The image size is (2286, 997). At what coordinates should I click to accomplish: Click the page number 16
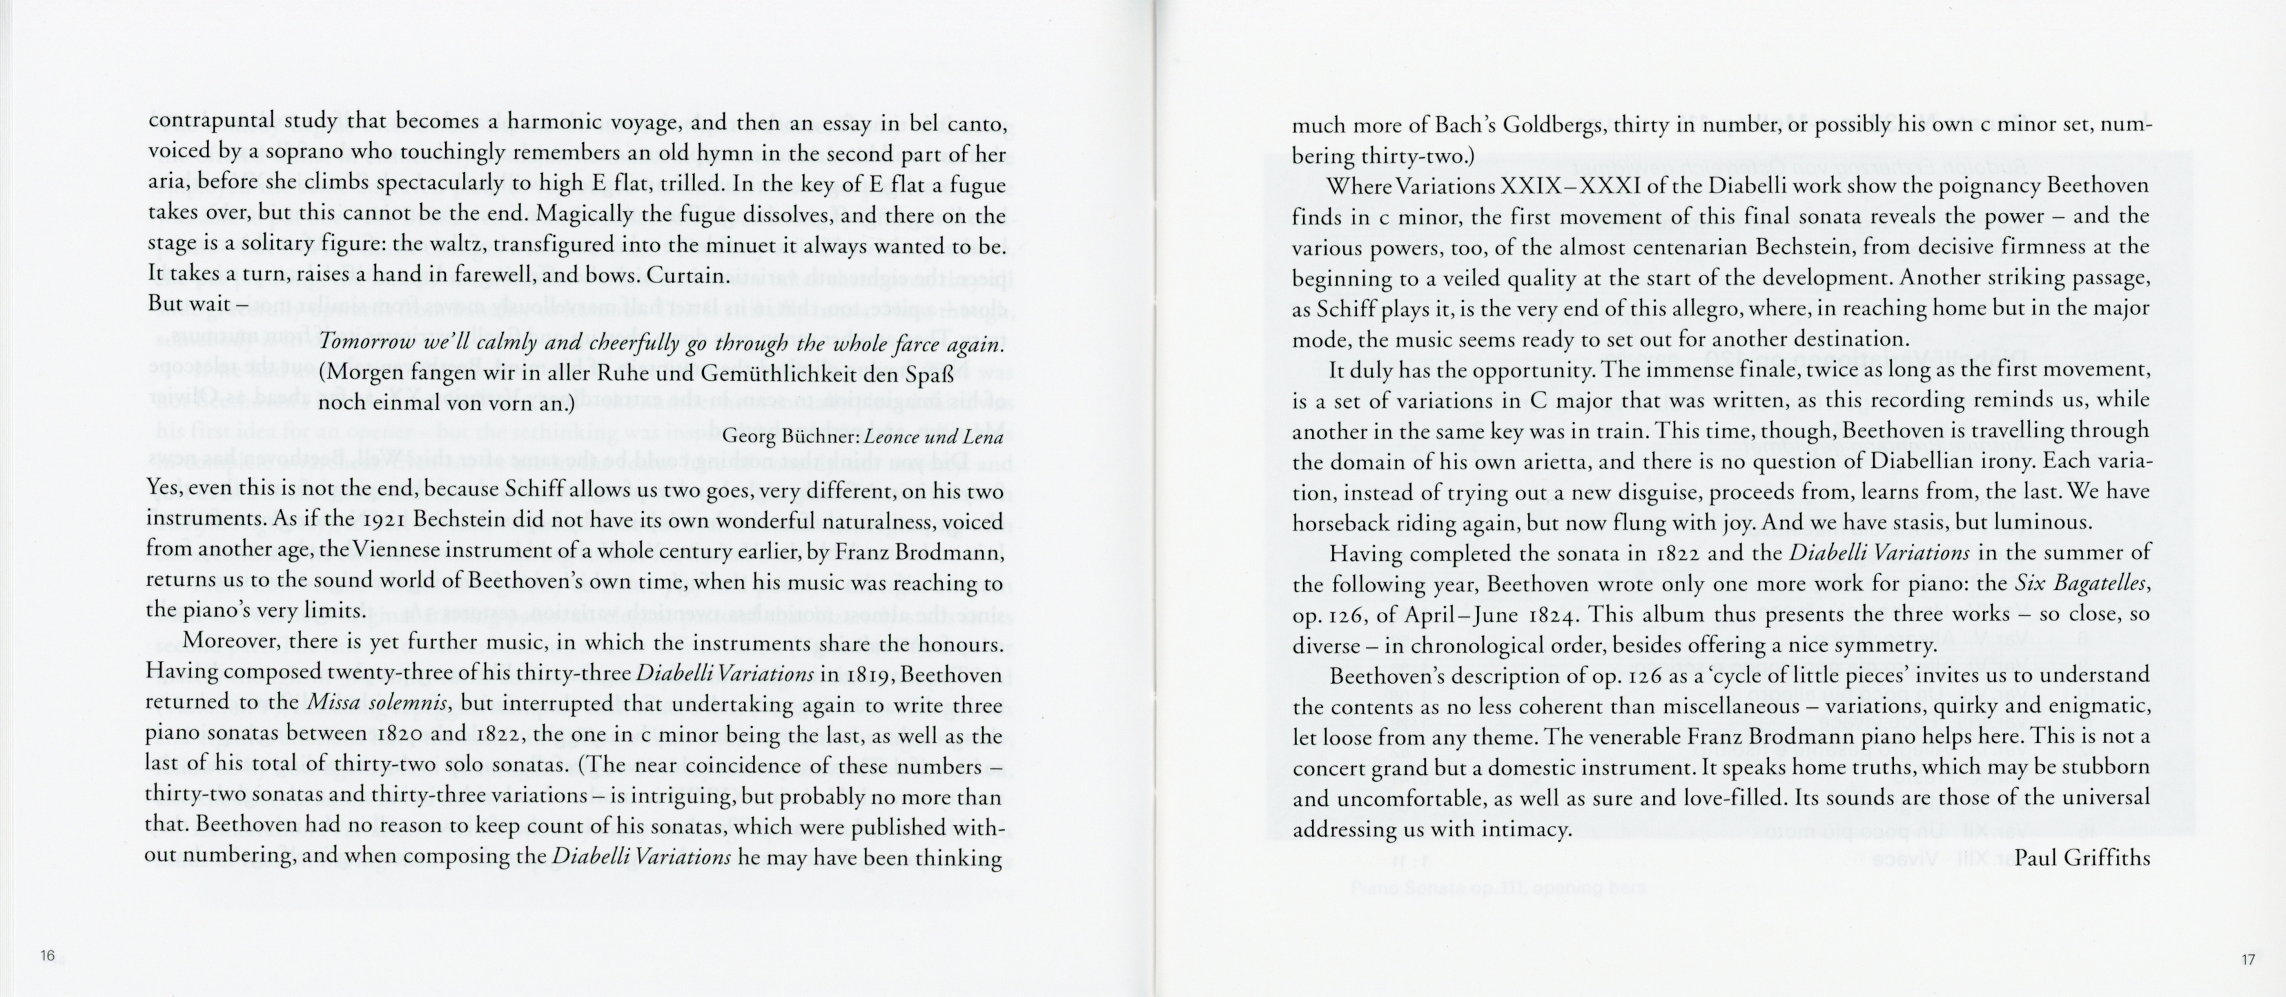[x=48, y=956]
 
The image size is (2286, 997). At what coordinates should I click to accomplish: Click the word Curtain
[x=687, y=275]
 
